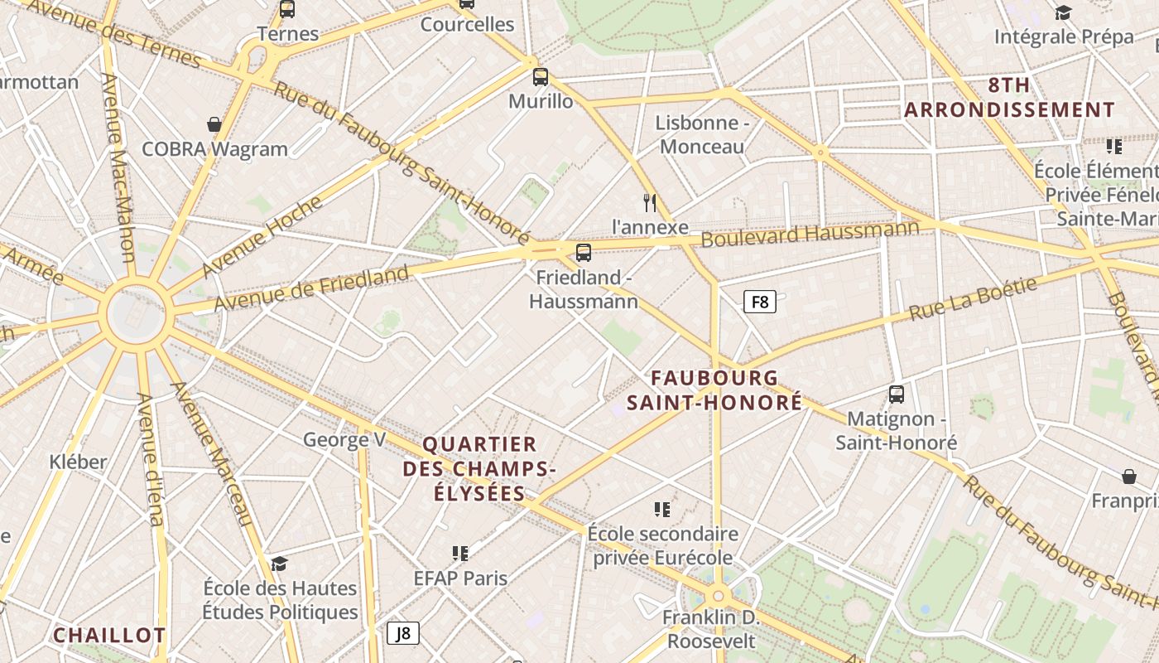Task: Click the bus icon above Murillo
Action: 541,77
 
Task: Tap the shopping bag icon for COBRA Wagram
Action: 214,125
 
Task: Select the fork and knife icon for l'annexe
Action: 650,202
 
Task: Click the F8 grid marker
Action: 759,302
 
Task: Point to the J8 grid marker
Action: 403,634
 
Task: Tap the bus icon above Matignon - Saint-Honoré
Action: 896,394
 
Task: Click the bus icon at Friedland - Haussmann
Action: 584,253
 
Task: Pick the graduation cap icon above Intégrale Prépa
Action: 1063,12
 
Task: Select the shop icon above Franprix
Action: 1129,477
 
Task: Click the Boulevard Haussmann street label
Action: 810,233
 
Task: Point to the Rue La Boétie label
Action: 973,299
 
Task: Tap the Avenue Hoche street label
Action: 262,235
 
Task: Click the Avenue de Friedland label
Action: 311,288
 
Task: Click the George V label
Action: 344,439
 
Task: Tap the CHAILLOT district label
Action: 109,636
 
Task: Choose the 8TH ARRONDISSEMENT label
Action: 1010,98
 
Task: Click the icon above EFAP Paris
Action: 460,553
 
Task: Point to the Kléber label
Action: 78,462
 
